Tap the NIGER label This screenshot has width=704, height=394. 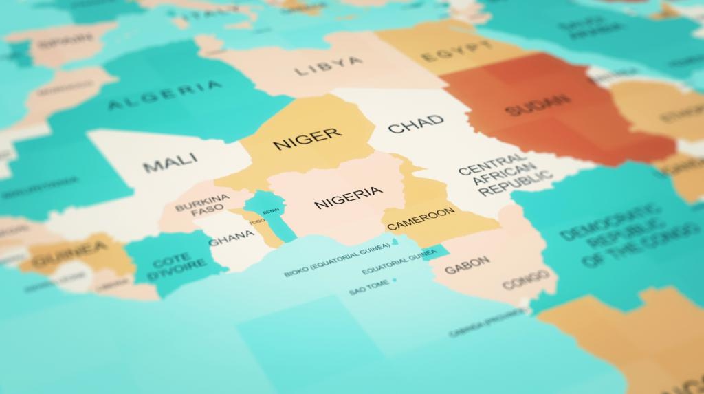pos(307,138)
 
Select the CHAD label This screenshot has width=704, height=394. pos(416,124)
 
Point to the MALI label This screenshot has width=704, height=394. pos(170,162)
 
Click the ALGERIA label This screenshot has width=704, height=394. pos(165,96)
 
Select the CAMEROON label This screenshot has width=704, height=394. pos(421,218)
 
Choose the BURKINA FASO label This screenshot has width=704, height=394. pos(201,205)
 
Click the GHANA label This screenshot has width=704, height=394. pos(231,238)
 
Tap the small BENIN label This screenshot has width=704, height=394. pos(271,211)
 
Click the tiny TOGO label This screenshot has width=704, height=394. pos(257,221)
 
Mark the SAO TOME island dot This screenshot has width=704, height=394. pos(395,281)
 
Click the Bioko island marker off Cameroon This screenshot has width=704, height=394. pos(395,243)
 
